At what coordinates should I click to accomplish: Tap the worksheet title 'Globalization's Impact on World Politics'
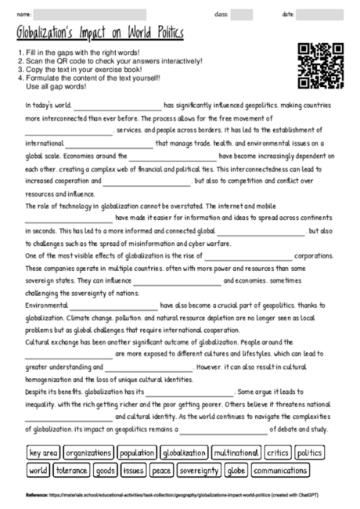point(99,34)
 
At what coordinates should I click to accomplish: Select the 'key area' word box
point(43,453)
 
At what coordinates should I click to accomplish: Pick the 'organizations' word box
point(88,453)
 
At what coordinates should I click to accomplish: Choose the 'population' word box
point(137,453)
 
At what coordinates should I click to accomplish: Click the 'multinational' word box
point(236,453)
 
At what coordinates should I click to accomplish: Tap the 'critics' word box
point(278,453)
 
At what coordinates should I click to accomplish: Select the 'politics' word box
point(310,453)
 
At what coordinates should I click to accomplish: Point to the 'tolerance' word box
point(71,471)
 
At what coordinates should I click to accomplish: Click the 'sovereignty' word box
point(199,471)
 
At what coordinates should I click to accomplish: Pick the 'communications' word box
point(279,471)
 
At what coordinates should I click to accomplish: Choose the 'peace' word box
point(161,471)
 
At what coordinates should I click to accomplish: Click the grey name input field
point(90,14)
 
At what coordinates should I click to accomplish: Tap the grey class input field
point(242,14)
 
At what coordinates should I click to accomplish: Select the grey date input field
point(319,14)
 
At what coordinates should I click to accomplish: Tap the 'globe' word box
point(236,471)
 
